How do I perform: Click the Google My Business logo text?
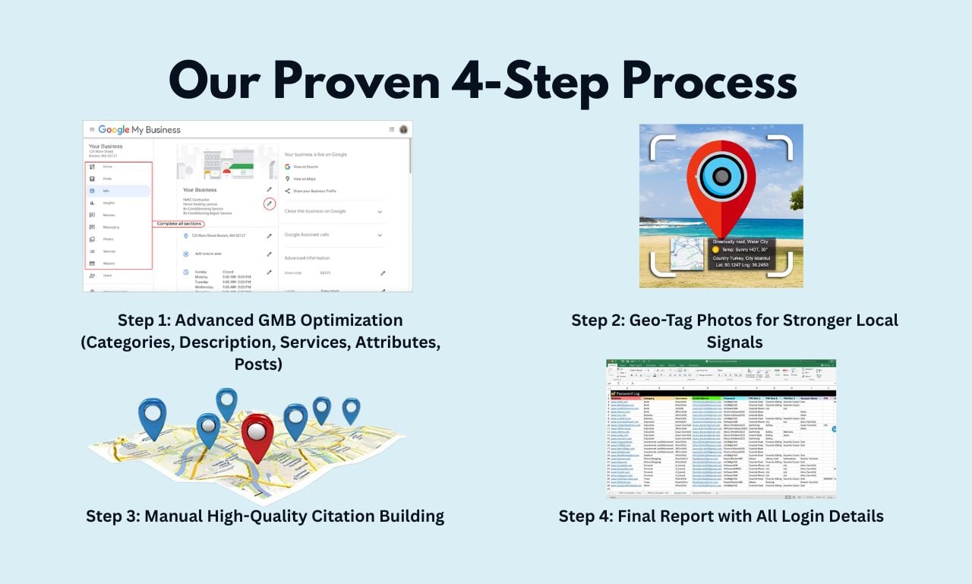[140, 130]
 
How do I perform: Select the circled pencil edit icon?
[269, 204]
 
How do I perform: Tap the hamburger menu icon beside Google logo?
[92, 130]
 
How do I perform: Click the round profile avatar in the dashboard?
[403, 130]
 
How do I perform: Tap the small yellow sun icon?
[715, 248]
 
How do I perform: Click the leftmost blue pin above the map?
[152, 417]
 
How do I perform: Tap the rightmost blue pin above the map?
[350, 409]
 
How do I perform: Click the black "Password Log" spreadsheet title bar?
[721, 393]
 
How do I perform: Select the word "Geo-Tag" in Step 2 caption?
[664, 320]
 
